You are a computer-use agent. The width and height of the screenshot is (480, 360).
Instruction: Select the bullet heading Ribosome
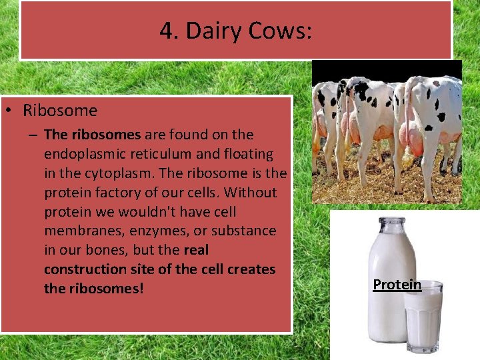click(x=60, y=111)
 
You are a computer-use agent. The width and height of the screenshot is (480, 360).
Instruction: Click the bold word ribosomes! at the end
click(x=105, y=289)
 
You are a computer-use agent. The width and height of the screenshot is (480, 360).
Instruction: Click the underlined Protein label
click(x=397, y=285)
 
